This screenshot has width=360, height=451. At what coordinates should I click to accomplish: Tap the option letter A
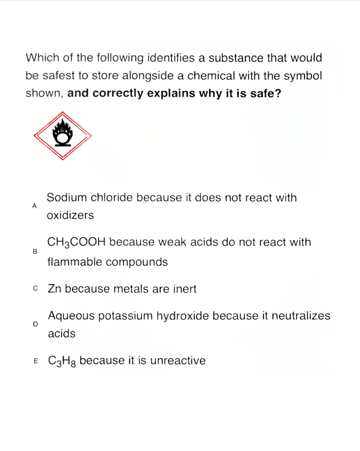35,205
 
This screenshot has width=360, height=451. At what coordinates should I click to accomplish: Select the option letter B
35,252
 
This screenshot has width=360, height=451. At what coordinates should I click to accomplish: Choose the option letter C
35,289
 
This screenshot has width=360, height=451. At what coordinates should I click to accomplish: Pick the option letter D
35,324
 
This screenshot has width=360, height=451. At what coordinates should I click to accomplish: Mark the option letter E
35,361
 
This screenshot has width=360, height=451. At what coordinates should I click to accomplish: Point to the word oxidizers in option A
70,216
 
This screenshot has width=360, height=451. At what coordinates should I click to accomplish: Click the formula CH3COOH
77,242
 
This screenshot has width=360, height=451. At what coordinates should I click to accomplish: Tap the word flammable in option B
73,262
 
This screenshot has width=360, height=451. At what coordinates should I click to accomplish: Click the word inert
183,289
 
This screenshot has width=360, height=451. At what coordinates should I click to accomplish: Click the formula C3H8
62,361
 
